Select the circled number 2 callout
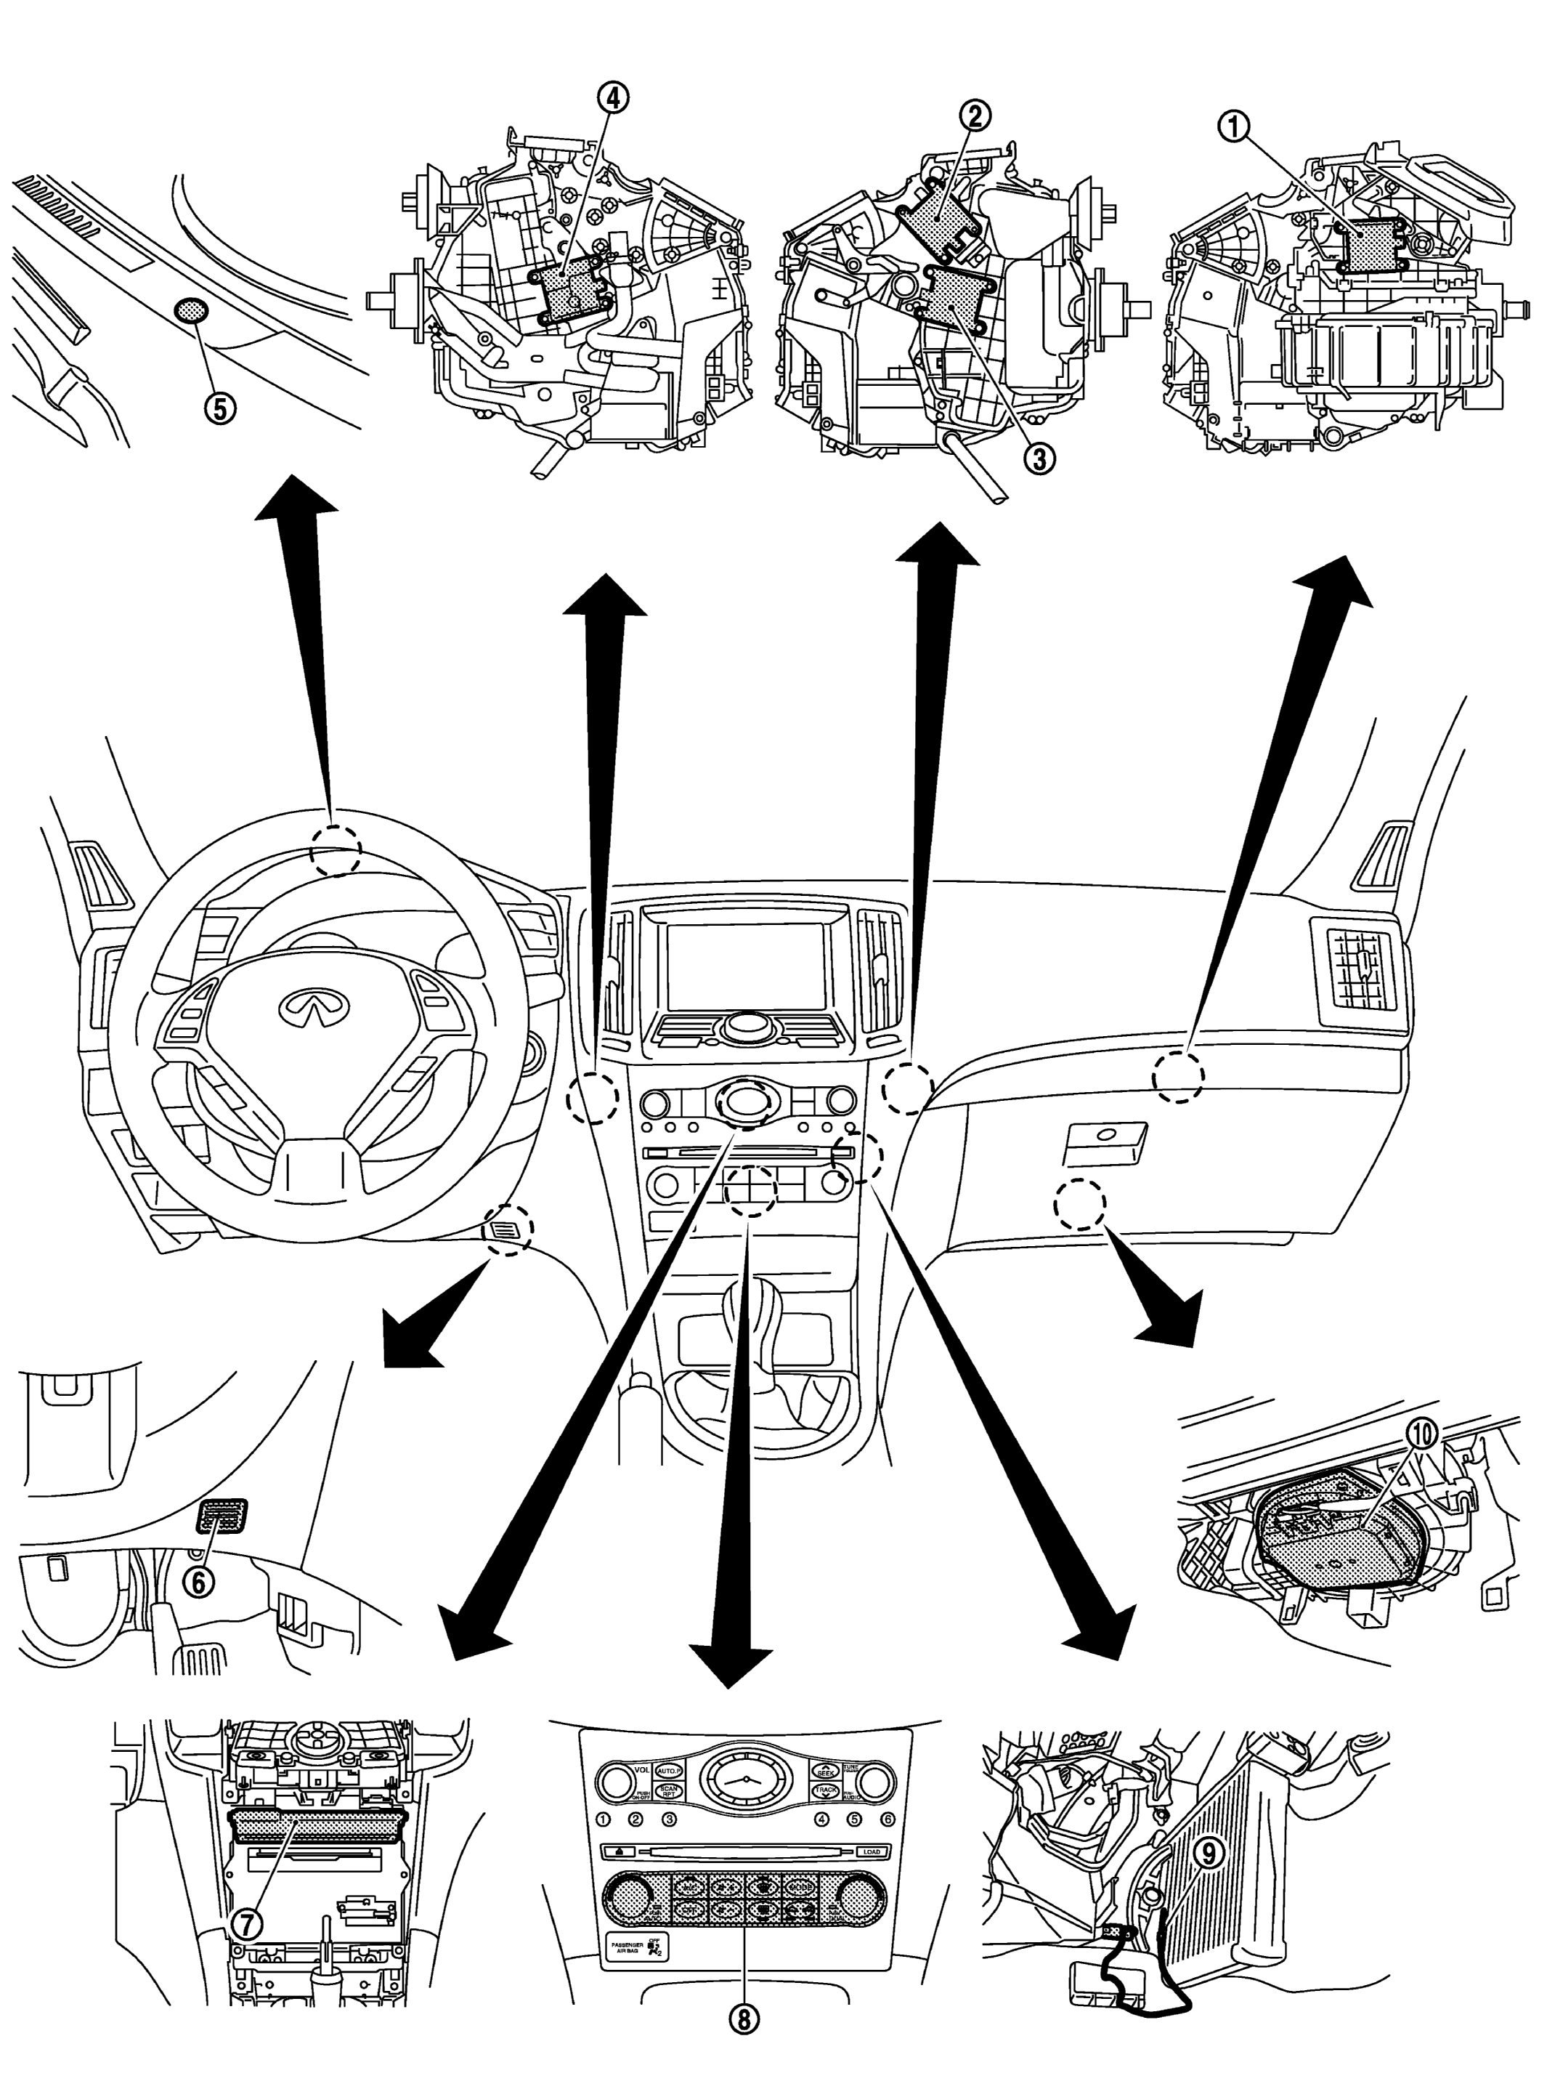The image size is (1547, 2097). point(974,116)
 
